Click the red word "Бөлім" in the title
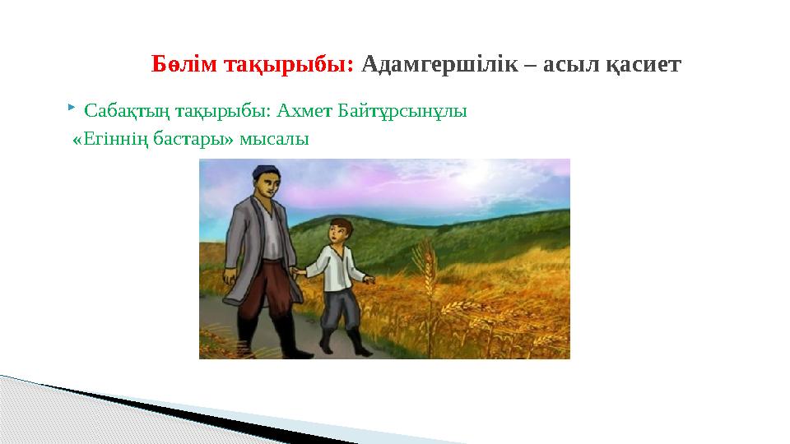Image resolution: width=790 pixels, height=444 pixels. click(x=184, y=64)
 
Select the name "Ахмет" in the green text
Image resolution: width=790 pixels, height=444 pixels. click(x=304, y=110)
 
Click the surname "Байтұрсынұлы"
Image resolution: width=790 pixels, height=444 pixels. click(x=402, y=111)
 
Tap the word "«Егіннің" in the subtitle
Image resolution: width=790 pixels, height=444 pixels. click(x=110, y=140)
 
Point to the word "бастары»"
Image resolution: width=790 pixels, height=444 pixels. click(x=193, y=138)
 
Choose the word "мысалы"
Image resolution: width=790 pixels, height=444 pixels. click(x=274, y=140)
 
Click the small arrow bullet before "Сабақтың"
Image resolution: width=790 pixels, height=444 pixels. click(x=72, y=107)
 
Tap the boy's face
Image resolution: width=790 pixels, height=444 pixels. click(x=337, y=233)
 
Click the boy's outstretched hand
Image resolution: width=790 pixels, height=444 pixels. click(x=370, y=280)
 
